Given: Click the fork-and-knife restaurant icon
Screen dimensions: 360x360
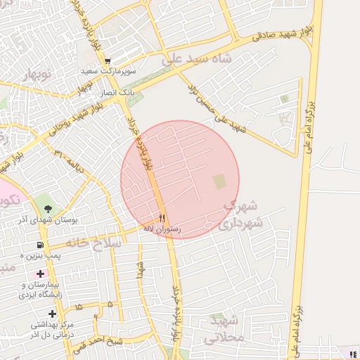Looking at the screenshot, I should (x=163, y=218).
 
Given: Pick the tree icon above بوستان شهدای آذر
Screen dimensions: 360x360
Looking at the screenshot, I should (x=48, y=209).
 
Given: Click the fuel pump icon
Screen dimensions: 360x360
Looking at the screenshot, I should (x=39, y=245).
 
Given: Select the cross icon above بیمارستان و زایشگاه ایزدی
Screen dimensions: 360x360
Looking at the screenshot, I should (x=40, y=273).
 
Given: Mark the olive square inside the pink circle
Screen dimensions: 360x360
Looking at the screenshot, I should (x=220, y=181).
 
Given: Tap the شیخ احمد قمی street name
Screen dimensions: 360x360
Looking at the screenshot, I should (x=91, y=345).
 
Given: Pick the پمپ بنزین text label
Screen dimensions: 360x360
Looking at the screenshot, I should (x=57, y=255).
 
